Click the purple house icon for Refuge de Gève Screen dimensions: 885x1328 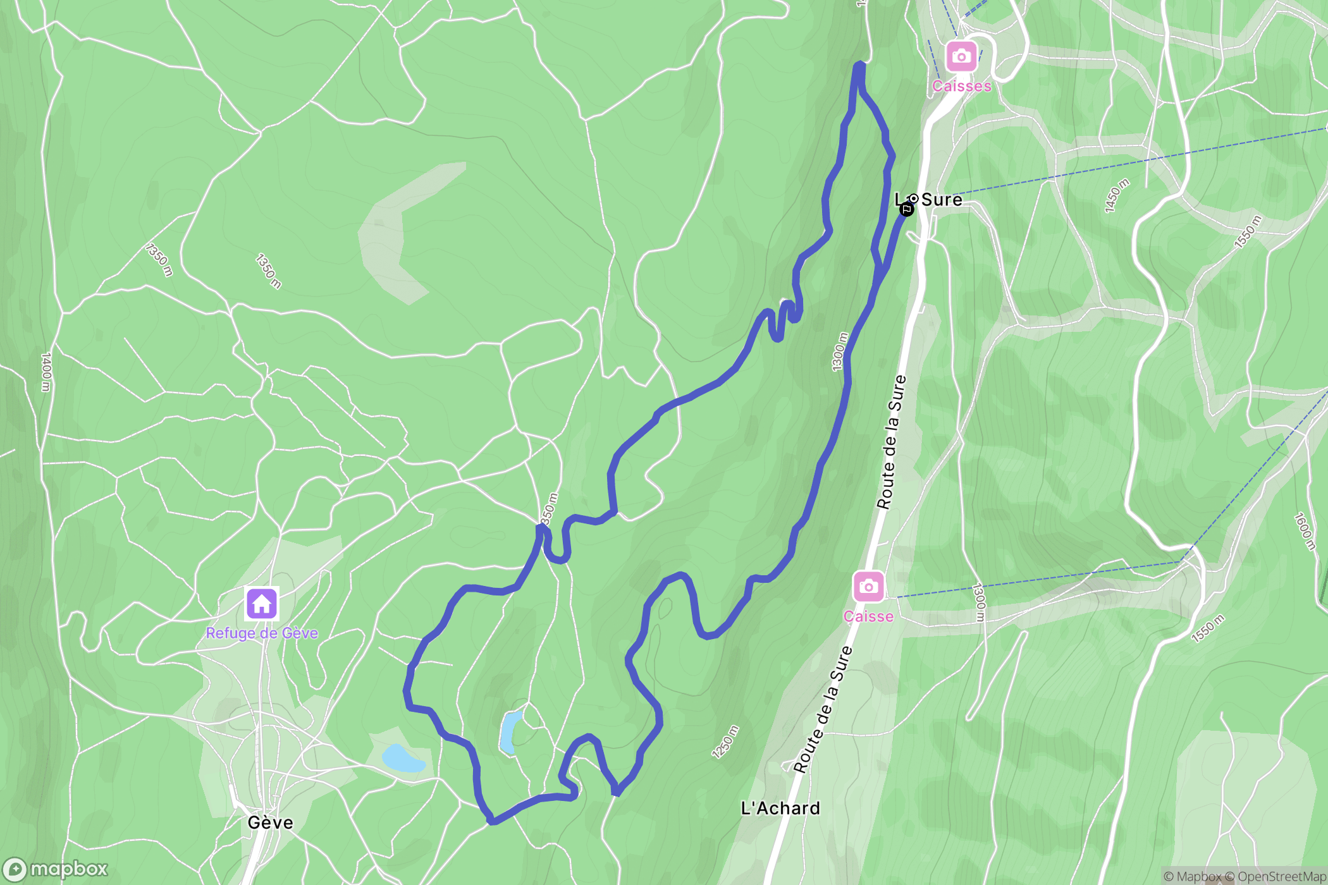tap(262, 603)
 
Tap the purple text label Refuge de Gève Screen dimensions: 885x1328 tap(262, 633)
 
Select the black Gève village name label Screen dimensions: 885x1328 tap(270, 822)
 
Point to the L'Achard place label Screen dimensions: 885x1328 tap(780, 808)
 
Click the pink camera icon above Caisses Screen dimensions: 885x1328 tap(961, 56)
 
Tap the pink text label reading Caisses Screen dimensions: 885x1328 tap(961, 86)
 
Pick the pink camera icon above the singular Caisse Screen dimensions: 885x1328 tap(868, 587)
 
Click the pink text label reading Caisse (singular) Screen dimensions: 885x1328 tap(868, 616)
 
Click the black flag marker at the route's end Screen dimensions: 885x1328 tap(906, 209)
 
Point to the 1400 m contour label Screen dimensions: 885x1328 tap(46, 372)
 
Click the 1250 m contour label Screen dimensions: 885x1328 tap(725, 742)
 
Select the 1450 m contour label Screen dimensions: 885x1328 tap(1117, 196)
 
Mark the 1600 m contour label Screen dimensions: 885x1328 tap(1304, 531)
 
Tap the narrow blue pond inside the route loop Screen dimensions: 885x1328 tap(510, 732)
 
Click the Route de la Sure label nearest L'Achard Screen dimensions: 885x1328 tap(823, 709)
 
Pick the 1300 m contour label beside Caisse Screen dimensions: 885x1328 tap(979, 602)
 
